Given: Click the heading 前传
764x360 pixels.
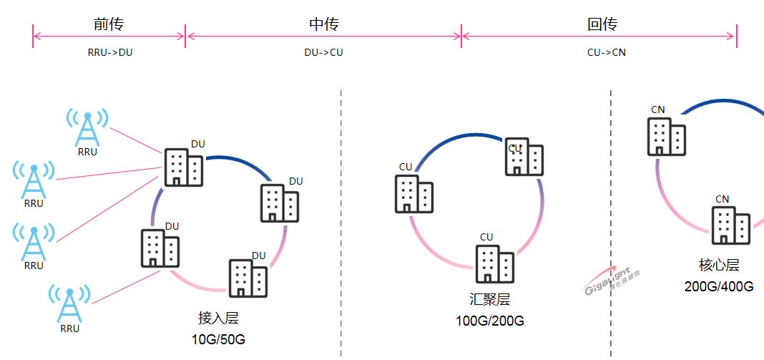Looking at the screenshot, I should click(109, 24).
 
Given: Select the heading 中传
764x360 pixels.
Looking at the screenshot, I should click(323, 24).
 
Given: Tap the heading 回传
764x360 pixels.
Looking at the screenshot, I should click(602, 24).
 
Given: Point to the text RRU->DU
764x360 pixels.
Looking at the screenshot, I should click(109, 52).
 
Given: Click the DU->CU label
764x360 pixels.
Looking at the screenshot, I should click(323, 52).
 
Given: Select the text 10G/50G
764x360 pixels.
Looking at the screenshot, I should click(218, 339).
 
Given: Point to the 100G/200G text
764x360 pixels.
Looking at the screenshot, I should click(490, 321).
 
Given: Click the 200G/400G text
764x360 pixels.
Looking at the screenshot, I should click(719, 287).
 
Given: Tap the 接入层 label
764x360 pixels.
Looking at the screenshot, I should click(218, 318).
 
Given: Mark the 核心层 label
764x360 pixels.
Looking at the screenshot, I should click(719, 266).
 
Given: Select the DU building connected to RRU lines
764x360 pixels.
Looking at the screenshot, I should click(184, 167).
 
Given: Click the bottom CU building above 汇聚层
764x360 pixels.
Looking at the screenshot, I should click(495, 264).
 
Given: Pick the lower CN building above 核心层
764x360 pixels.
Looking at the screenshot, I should click(730, 225).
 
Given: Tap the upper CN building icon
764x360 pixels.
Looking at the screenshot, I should click(667, 136).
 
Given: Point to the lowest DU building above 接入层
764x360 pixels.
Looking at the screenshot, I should click(248, 278).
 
